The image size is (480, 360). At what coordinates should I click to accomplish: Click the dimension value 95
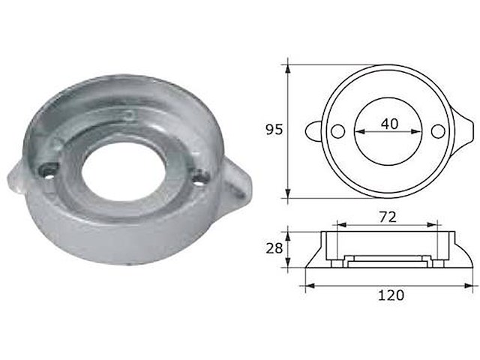[274, 130]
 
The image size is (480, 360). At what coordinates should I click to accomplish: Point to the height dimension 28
[274, 247]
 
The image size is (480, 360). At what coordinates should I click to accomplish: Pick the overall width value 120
[391, 295]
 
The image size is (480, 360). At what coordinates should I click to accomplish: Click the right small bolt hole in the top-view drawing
[439, 131]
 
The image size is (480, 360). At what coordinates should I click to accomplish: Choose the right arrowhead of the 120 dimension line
[470, 285]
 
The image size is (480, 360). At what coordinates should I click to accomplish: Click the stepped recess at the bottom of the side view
[388, 260]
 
